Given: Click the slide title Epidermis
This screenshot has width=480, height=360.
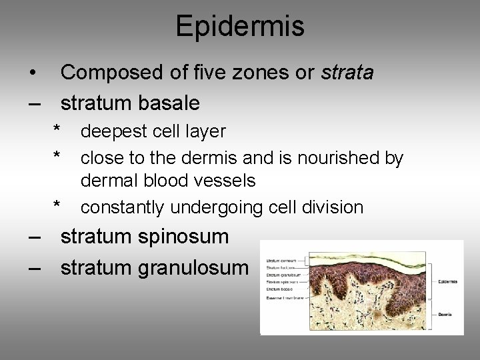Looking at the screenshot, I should click(x=240, y=27).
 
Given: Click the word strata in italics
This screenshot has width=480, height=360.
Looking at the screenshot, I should click(x=347, y=72).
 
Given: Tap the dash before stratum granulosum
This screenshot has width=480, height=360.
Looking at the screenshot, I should click(x=35, y=268).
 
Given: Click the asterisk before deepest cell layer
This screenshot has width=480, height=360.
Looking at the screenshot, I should click(x=58, y=129).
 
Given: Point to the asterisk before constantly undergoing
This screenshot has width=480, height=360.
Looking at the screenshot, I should click(x=58, y=205).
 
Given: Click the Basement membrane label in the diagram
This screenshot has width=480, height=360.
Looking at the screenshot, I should click(x=285, y=298).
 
